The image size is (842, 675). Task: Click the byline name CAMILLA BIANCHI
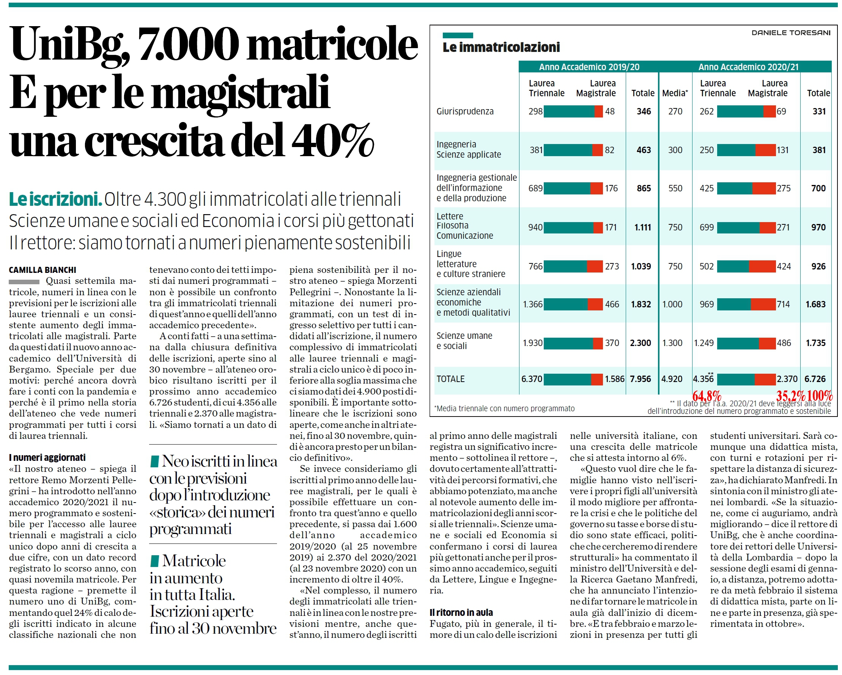pos(42,270)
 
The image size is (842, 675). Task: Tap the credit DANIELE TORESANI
pos(791,33)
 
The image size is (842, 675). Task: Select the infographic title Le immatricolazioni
pos(501,47)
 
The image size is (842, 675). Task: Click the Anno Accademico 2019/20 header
pos(589,67)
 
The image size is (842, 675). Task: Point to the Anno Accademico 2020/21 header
pos(748,67)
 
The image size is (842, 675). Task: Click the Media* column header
pos(675,93)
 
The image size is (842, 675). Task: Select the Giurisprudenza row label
pos(465,111)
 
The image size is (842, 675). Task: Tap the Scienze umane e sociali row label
pos(464,341)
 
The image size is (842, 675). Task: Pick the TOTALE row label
pos(450,379)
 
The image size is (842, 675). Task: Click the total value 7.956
pos(641,379)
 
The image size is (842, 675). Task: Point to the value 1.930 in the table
pos(533,343)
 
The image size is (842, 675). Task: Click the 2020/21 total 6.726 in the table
pos(815,379)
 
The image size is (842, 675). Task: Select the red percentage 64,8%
pos(707,396)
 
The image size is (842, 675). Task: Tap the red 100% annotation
pos(820,396)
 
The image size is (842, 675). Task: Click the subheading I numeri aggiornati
pos(47,457)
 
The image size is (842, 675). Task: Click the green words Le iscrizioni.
pos(55,199)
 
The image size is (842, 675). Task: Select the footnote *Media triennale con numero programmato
pos(504,409)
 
